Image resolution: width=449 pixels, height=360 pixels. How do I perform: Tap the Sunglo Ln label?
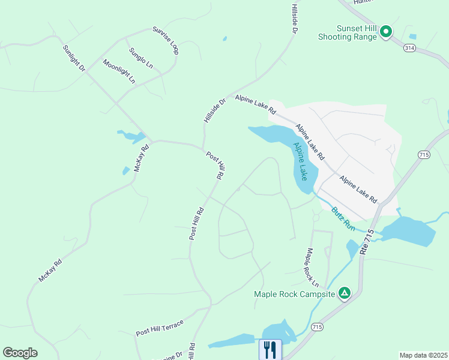141,58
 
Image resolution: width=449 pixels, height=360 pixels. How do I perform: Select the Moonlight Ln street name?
119,71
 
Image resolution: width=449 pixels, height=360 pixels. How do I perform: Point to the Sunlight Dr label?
74,58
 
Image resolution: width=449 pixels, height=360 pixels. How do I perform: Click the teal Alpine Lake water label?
300,161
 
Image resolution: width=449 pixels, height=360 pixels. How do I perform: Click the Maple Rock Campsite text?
294,294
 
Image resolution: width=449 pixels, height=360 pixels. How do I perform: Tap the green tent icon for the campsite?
345,293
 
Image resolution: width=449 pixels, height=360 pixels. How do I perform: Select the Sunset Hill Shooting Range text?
348,32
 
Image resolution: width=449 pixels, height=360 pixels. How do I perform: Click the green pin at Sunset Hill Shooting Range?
385,31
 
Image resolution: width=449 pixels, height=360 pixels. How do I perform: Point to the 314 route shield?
409,47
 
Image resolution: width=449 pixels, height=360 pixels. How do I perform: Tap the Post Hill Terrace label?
160,328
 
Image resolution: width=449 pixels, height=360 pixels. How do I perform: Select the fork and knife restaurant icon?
270,350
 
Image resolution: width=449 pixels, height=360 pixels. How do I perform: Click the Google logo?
20,353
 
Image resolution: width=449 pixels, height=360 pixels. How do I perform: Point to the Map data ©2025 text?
423,355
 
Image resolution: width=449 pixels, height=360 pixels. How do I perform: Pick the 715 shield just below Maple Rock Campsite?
318,326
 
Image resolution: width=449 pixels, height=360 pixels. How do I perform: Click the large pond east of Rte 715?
408,231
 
